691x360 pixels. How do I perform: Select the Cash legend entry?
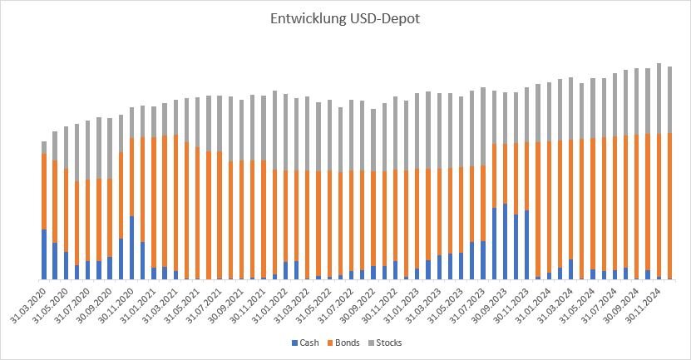[x=304, y=343]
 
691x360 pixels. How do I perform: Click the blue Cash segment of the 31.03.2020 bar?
[x=44, y=254]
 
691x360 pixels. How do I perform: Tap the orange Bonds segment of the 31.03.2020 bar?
[x=44, y=191]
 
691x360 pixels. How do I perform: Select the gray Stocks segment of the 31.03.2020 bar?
[x=44, y=147]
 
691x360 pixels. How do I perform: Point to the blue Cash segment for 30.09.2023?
[x=505, y=242]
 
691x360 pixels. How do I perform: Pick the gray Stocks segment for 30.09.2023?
[x=505, y=117]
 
